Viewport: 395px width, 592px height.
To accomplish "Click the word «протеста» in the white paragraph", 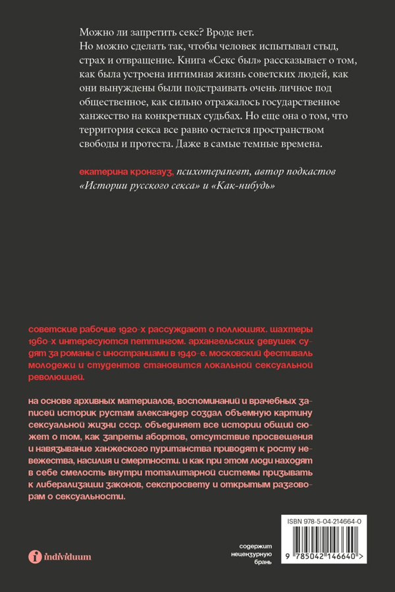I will click(x=145, y=144).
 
